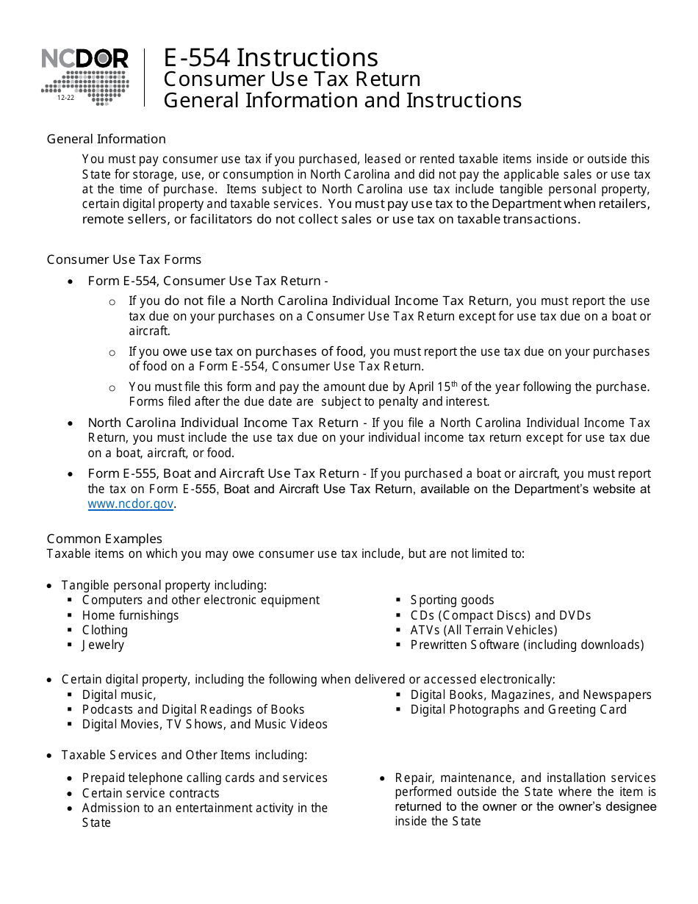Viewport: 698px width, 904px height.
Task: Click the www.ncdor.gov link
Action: coord(131,504)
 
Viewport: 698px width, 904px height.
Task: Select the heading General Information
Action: coord(107,139)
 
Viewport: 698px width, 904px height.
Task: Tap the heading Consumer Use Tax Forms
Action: coord(124,259)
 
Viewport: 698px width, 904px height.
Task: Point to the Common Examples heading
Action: coord(104,539)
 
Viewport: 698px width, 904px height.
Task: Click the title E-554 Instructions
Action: coord(270,57)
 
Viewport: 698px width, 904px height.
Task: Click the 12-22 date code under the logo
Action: coord(66,97)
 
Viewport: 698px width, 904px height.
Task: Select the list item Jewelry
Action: coord(103,645)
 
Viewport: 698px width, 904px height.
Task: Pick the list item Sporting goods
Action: coord(452,600)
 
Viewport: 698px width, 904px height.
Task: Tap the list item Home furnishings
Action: coord(130,615)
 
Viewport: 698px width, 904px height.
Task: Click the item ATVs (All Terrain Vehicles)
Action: coord(483,630)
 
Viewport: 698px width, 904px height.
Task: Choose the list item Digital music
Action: coord(118,695)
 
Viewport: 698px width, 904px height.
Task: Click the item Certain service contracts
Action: coord(151,793)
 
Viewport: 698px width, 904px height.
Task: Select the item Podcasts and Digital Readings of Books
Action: coord(193,709)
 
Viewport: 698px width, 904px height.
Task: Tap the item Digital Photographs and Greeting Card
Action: coord(518,709)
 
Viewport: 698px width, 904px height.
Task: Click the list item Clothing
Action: coord(104,630)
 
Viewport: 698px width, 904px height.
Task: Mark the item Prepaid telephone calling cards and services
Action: coord(205,778)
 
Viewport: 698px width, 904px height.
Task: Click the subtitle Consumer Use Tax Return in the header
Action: coord(292,79)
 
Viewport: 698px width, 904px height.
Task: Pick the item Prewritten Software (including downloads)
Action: coord(527,645)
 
